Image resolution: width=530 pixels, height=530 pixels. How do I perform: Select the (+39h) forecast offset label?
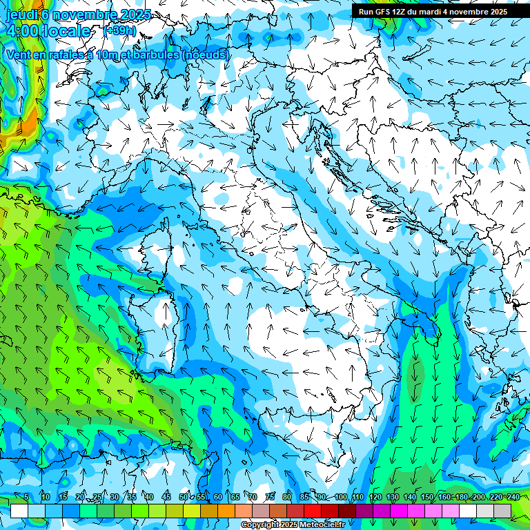[119, 31]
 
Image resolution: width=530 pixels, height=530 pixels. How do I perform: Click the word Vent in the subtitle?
[19, 55]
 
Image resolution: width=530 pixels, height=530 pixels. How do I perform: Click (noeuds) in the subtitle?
[205, 55]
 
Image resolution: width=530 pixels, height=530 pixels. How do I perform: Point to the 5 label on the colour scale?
[26, 498]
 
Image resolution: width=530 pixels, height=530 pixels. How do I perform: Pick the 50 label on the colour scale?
[184, 498]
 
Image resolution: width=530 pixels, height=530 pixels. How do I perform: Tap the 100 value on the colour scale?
[341, 498]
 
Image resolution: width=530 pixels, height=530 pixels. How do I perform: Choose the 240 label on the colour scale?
[513, 498]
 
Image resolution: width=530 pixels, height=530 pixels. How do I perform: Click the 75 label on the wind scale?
[270, 498]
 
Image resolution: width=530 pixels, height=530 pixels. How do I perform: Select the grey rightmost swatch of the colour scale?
[502, 511]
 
